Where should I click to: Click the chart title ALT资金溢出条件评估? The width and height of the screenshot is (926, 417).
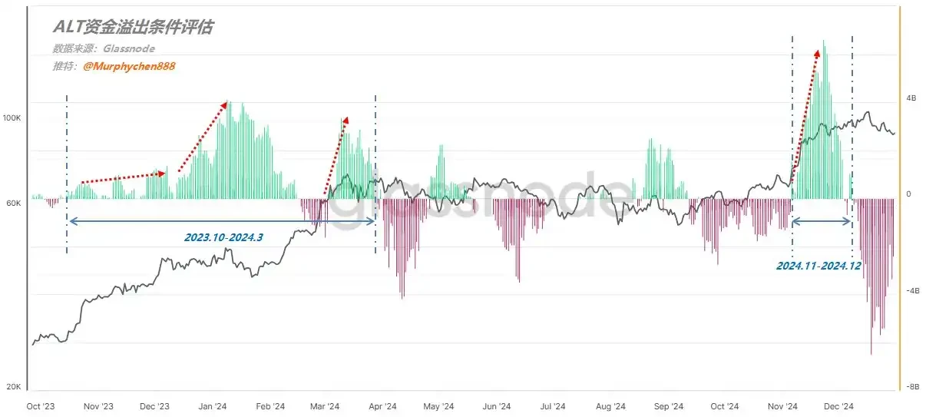[x=132, y=28]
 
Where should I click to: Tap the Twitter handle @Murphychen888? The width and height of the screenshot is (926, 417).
[x=129, y=66]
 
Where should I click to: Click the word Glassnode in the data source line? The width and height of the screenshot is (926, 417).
[x=128, y=48]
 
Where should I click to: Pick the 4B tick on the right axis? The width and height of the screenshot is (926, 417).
[x=911, y=99]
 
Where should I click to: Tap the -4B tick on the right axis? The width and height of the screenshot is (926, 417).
[x=911, y=291]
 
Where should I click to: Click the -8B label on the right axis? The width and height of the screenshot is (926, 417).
[x=911, y=388]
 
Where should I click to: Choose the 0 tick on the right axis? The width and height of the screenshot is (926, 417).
[x=908, y=194]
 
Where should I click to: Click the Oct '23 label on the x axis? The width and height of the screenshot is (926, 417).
[x=41, y=406]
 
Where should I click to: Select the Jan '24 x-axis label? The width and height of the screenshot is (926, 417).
[x=212, y=406]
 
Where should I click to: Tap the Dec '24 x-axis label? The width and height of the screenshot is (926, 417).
[x=838, y=406]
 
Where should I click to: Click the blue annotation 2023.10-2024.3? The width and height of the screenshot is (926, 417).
[x=223, y=237]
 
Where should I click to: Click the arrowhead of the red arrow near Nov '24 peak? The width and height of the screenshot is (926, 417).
[x=817, y=53]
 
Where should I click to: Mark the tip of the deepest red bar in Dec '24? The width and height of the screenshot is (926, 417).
[x=871, y=353]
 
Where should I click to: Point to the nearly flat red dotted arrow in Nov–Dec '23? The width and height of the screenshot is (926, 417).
[x=123, y=177]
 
